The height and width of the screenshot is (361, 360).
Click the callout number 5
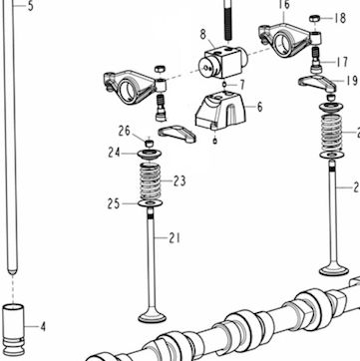click(31, 6)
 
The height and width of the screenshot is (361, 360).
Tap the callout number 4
click(43, 327)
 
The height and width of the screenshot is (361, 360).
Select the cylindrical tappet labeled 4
click(13, 328)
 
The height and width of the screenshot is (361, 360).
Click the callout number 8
click(203, 34)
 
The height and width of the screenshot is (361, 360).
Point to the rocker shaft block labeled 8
click(223, 62)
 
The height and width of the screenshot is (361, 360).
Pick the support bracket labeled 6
click(220, 110)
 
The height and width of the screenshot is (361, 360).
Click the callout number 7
click(242, 85)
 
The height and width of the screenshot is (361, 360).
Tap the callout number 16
click(284, 5)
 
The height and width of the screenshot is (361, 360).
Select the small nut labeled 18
click(314, 19)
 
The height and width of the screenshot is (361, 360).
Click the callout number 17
click(341, 62)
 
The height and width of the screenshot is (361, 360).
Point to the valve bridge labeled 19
click(317, 83)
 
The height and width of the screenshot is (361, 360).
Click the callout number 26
click(125, 131)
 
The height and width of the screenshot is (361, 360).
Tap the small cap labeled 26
click(150, 143)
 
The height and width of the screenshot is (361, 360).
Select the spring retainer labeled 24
click(150, 155)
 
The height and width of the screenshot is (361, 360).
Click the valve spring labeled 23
click(150, 181)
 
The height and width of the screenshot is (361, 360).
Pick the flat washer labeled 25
click(150, 203)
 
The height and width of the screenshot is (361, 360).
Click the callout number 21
click(175, 238)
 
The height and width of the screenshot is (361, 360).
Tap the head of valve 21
click(152, 316)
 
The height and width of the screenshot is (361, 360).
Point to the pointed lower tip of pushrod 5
click(12, 272)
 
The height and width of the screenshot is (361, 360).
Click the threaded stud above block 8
click(227, 21)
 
